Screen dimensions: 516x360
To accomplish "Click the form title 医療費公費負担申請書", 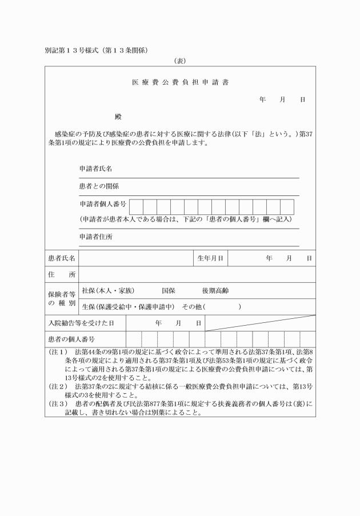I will pos(180,82).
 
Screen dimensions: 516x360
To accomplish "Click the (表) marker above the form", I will pos(180,60).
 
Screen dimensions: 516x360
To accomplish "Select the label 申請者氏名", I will pos(95,169).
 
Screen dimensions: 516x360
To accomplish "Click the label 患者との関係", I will pos(99,186).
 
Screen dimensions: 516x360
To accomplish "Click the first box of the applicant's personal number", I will pos(136,206).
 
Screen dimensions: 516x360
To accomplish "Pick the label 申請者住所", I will pos(95,237).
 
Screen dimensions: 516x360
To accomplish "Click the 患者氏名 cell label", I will pos(61,258).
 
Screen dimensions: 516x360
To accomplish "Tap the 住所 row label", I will pos(61,275).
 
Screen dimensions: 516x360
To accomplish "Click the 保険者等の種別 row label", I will pos(61,298).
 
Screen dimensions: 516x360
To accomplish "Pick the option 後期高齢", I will pos(215,291).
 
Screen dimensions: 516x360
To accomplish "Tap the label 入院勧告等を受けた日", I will pos(80,323).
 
